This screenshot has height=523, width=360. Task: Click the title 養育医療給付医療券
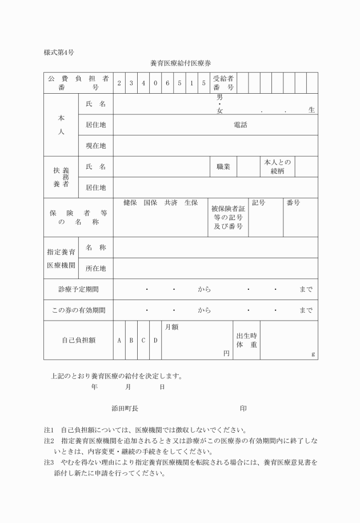[x=180, y=63]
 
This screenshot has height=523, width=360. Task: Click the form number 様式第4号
[x=58, y=53]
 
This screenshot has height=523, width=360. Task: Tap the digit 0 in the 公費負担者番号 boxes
[x=155, y=83]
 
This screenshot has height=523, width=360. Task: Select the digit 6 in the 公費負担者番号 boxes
[x=167, y=83]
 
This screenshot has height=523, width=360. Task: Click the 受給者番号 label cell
[x=223, y=83]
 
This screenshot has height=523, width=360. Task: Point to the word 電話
[x=241, y=125]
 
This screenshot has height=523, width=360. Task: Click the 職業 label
[x=223, y=166]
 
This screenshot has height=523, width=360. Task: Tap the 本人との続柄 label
[x=277, y=166]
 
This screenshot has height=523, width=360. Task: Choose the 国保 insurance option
[x=150, y=202]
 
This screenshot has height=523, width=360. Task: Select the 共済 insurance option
[x=171, y=202]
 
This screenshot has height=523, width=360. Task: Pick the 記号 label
[x=258, y=202]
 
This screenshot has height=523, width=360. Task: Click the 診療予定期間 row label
[x=78, y=289]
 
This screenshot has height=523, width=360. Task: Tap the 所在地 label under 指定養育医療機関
[x=95, y=268]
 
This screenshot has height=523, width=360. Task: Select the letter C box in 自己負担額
[x=143, y=340]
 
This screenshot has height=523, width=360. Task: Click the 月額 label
[x=171, y=327]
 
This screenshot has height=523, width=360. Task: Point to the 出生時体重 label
[x=246, y=340]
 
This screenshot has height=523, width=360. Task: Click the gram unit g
[x=313, y=354]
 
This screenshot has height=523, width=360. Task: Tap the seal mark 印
[x=243, y=409]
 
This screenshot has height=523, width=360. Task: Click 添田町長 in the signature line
[x=125, y=409]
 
